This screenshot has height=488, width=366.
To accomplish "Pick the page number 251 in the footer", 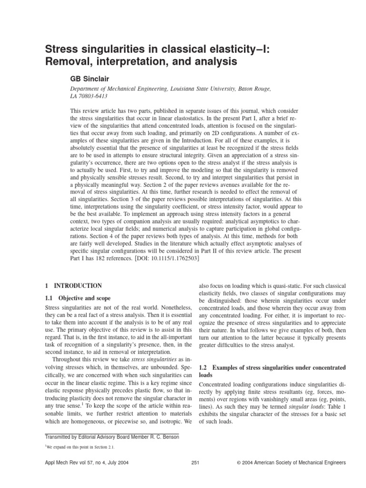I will click(194, 463).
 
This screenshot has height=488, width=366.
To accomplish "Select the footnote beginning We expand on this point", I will click(80, 447).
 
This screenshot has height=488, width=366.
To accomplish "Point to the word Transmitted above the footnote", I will click(60, 437).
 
